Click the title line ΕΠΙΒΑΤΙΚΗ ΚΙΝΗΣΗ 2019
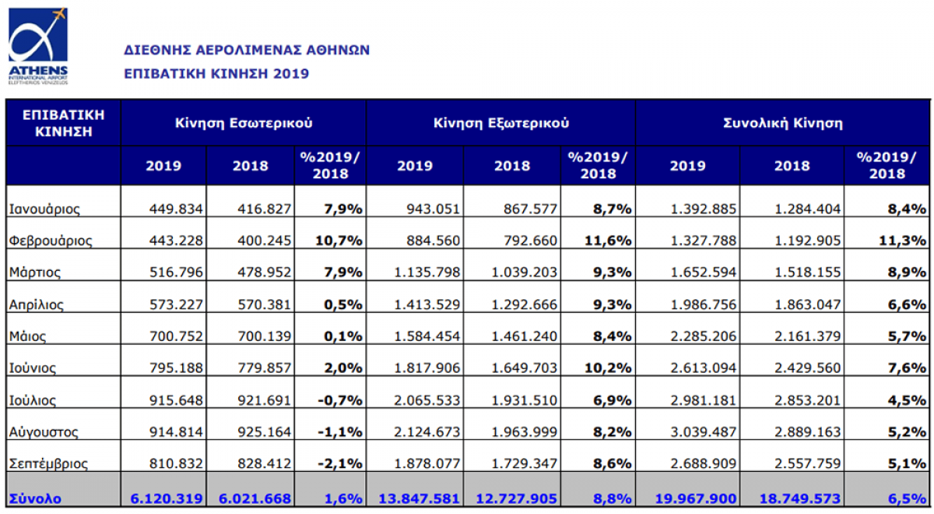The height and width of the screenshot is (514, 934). tap(216, 74)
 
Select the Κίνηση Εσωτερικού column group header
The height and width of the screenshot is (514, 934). tap(243, 122)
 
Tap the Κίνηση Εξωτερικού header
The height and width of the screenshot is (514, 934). tap(500, 122)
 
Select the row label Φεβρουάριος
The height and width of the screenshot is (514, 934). tap(51, 241)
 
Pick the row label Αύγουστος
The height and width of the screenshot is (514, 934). tap(44, 431)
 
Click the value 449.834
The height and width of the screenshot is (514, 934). tap(177, 209)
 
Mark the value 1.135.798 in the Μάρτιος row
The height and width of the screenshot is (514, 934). tap(428, 273)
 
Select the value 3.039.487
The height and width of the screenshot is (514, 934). tap(704, 431)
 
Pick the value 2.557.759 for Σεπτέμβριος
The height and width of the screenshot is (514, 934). tap(808, 463)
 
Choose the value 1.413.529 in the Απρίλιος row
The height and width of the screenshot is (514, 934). tap(428, 305)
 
